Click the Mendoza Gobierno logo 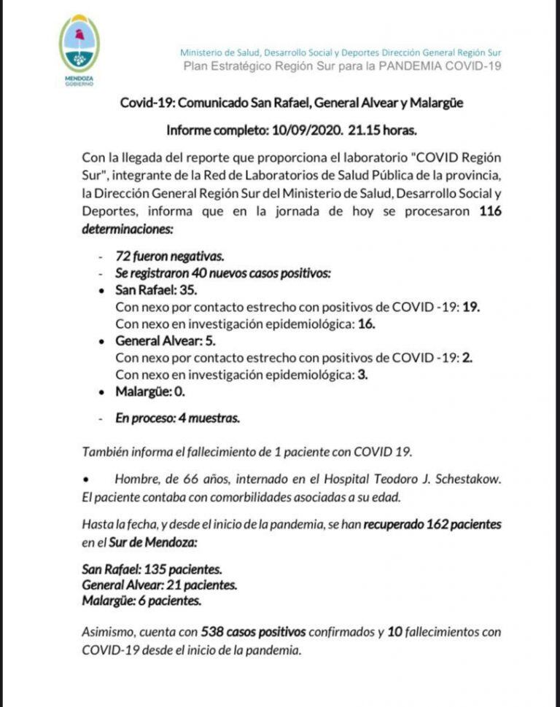coord(79,50)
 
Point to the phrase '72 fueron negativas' coord(170,257)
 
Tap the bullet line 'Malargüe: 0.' coord(150,391)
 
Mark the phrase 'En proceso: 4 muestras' coord(177,418)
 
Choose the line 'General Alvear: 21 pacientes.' coord(160,585)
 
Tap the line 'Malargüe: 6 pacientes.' coord(141,601)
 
